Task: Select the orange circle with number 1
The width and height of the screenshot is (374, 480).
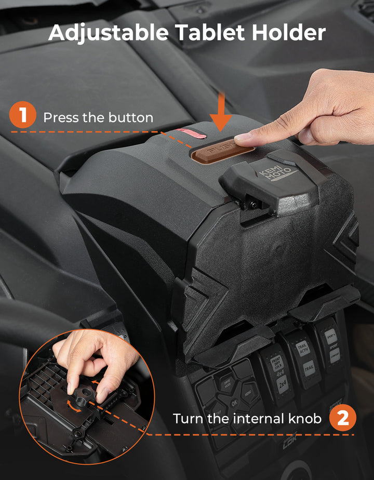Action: pyautogui.click(x=22, y=115)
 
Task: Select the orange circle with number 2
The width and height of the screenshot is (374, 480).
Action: pyautogui.click(x=343, y=418)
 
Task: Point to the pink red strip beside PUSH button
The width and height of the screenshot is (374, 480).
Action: pyautogui.click(x=191, y=135)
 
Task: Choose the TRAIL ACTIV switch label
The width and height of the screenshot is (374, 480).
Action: pyautogui.click(x=302, y=348)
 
